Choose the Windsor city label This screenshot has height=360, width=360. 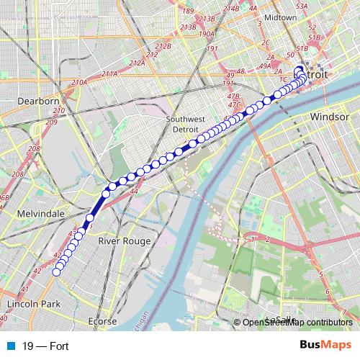coord(329,115)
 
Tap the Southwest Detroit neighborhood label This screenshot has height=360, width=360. coord(185,124)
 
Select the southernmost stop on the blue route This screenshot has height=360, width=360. coord(57,272)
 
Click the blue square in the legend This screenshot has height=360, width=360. coord(8,345)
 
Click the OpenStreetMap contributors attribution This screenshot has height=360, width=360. coord(297,323)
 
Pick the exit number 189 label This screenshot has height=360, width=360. coord(188,11)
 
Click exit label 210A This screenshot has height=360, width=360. coord(78,83)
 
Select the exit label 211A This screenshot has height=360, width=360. coord(109,73)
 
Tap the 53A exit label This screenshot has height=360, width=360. coord(320,5)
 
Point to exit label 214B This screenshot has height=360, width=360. coord(231,8)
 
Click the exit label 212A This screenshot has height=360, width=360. coord(135,63)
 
